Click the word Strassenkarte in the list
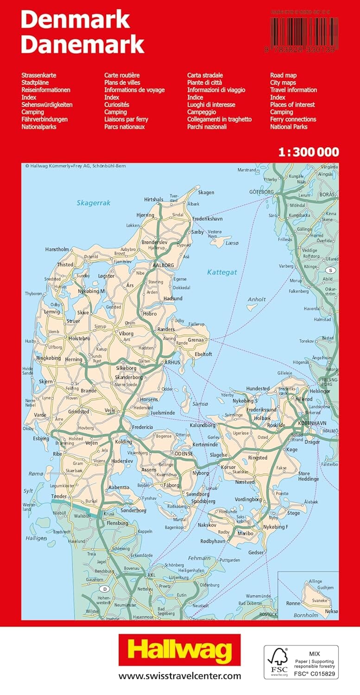(x=39, y=75)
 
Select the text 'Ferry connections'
(x=293, y=119)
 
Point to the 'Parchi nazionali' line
(x=207, y=126)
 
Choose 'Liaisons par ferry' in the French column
(x=126, y=119)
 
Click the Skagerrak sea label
(x=94, y=202)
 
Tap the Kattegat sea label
(x=222, y=272)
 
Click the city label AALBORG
(x=163, y=265)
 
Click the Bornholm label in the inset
(x=306, y=615)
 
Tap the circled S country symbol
(x=330, y=270)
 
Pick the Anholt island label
(x=257, y=299)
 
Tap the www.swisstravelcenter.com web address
(x=180, y=676)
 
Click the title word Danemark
(x=82, y=45)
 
